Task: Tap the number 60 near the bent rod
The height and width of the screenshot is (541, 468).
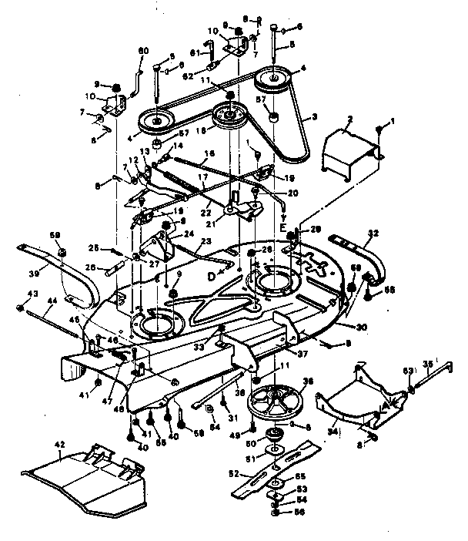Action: pyautogui.click(x=142, y=51)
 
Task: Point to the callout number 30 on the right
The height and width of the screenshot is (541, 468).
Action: pyautogui.click(x=361, y=327)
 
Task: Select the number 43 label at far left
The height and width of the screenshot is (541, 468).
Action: pyautogui.click(x=33, y=294)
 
